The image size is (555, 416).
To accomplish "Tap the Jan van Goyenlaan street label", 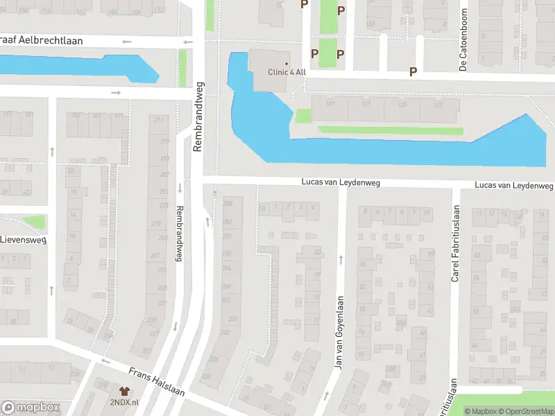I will (x=340, y=333).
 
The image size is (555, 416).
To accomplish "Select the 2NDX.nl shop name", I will (x=124, y=402).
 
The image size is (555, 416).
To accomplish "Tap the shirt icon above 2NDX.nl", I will (x=124, y=392).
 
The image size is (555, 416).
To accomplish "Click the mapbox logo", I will (x=31, y=408).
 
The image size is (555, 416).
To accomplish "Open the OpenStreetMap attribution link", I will (x=527, y=411).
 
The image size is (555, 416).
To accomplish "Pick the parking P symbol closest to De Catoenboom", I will (x=413, y=71).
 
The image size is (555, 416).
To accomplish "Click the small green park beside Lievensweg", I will (x=33, y=223).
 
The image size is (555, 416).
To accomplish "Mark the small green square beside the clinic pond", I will (x=303, y=116).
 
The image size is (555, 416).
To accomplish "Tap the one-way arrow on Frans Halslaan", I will (x=105, y=361).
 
